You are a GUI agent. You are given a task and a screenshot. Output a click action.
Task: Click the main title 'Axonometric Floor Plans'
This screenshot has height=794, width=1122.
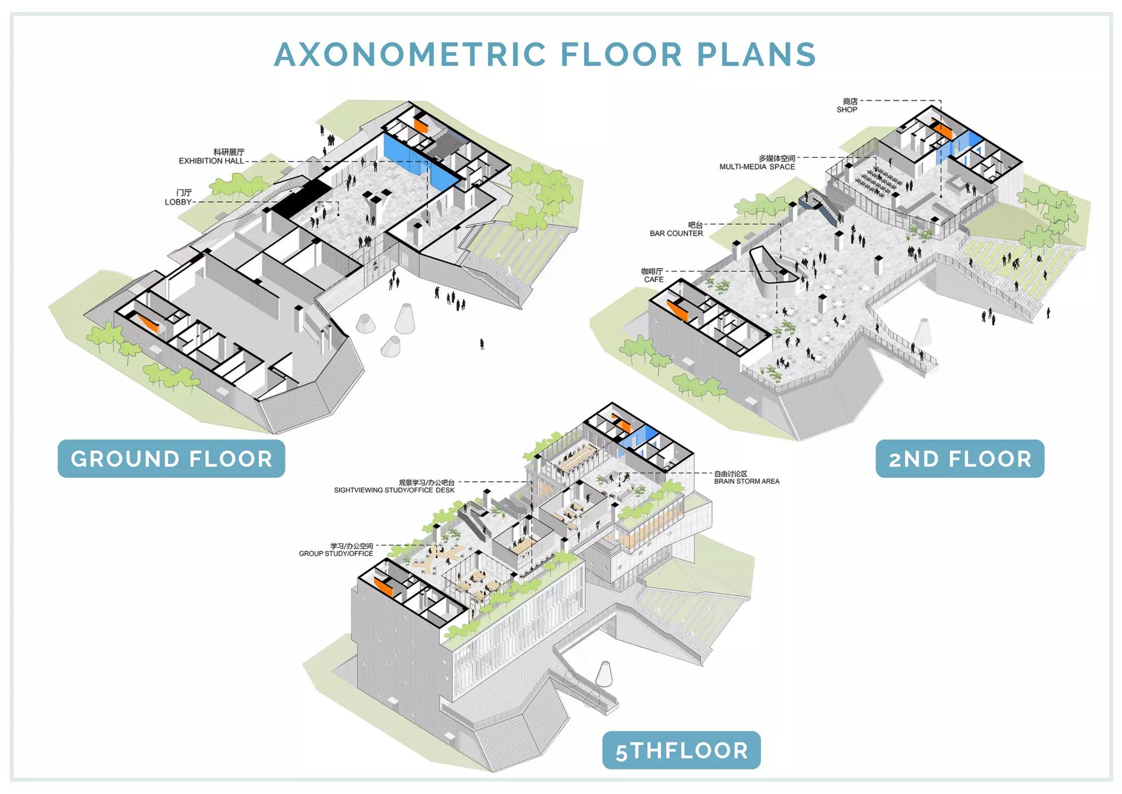tap(545, 55)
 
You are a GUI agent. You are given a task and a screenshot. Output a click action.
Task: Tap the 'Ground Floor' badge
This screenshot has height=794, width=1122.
tap(171, 459)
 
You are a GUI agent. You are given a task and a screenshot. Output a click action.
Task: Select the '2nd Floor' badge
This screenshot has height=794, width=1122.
tap(960, 459)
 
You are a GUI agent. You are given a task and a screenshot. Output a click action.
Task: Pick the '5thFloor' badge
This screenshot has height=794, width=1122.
tap(682, 750)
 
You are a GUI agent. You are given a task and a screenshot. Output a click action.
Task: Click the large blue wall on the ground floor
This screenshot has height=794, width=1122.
tap(419, 162)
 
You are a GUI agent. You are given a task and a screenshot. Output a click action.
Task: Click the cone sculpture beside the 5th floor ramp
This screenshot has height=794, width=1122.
tap(604, 673)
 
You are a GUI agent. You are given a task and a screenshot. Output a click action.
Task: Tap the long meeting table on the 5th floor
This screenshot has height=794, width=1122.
tap(576, 458)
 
